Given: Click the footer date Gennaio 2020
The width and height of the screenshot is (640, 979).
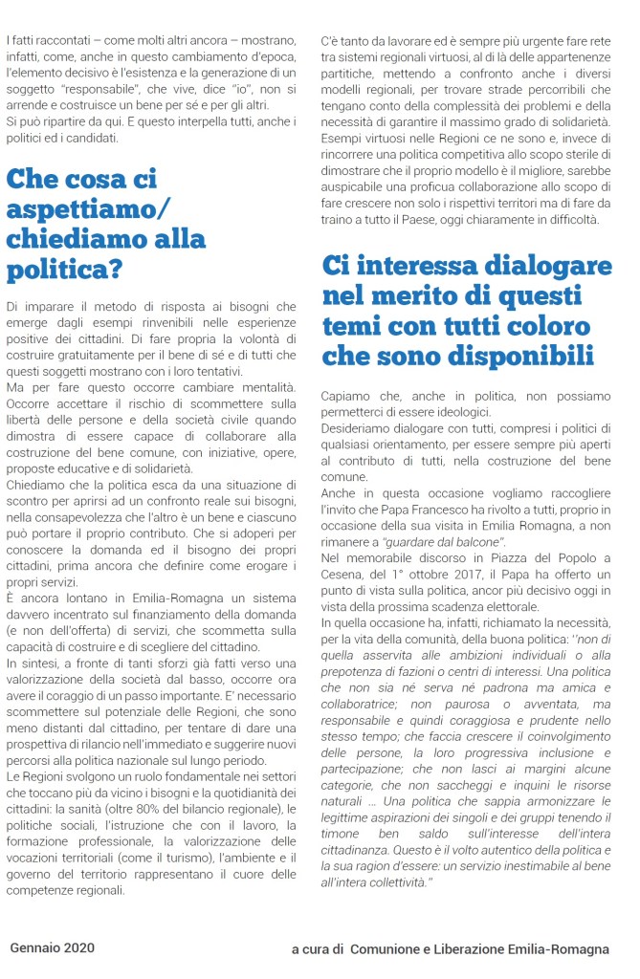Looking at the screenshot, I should [x=53, y=947].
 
